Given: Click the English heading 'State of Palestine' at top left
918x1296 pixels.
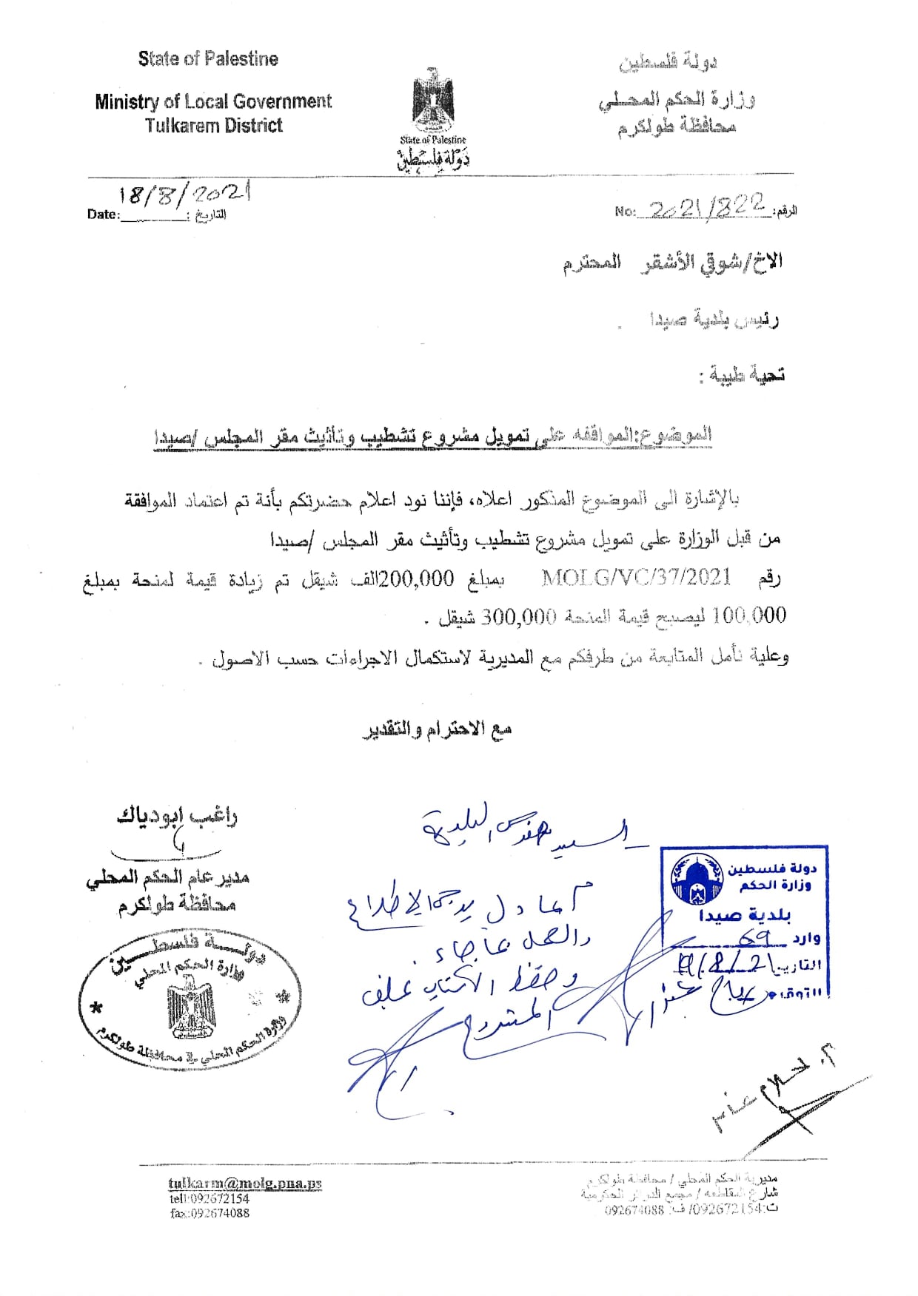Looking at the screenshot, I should [208, 59].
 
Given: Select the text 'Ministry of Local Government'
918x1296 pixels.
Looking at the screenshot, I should [213, 101].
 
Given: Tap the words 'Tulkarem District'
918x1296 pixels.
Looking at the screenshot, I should [213, 126].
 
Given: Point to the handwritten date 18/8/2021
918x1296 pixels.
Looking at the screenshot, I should [185, 194].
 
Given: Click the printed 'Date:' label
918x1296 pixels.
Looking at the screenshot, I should [103, 215].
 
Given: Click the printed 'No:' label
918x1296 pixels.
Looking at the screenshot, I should [625, 212].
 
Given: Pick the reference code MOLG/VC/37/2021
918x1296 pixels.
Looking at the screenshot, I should [637, 577].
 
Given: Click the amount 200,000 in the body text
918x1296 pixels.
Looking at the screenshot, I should [416, 578].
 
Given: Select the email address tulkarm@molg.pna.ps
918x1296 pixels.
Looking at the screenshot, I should [245, 1184].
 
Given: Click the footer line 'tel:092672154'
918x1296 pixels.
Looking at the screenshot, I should [210, 1198].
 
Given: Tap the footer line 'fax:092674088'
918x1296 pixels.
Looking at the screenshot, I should [210, 1213].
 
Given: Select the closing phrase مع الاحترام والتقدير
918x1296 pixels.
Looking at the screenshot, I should [437, 730].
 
